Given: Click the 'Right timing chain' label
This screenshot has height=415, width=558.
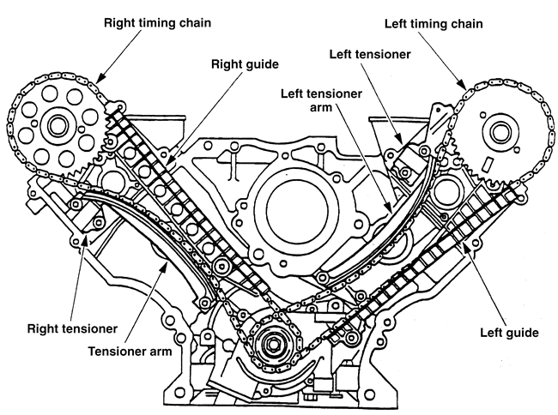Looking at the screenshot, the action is click(157, 23).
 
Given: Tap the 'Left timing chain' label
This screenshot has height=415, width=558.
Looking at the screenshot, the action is click(434, 24).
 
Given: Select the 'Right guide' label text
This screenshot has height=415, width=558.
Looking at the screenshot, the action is click(245, 64).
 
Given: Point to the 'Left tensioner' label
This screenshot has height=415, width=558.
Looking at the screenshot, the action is click(370, 54).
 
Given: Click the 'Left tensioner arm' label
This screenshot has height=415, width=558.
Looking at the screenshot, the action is click(321, 100).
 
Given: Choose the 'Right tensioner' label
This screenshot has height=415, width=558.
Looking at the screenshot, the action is click(72, 328).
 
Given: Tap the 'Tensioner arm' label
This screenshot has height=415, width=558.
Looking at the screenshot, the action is click(130, 352).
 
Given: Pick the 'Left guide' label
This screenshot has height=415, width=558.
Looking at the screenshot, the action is click(509, 333).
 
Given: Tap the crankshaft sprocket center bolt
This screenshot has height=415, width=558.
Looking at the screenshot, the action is click(272, 344).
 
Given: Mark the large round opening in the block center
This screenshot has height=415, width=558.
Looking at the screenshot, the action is click(297, 208).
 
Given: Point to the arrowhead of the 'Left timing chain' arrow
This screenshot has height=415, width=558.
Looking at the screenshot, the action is click(462, 85).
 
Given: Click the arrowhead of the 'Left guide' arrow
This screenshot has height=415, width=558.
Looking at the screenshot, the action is click(464, 246).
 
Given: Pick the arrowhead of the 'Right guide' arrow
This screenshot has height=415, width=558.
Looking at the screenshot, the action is click(170, 162).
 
